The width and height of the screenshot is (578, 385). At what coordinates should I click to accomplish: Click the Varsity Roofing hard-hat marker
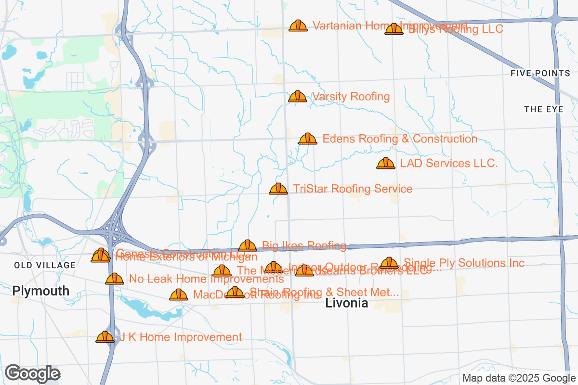[x=298, y=96]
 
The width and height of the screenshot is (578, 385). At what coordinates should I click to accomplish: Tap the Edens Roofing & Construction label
[x=400, y=139]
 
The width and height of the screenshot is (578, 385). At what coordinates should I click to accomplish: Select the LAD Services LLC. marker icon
[x=385, y=164]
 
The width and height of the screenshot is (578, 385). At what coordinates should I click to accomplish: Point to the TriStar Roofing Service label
[x=353, y=189]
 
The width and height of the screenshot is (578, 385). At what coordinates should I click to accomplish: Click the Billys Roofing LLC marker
[x=394, y=29]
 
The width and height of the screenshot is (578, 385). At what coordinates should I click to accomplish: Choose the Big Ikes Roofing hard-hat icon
[x=248, y=246]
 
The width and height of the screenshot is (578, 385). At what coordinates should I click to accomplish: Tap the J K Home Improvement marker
[x=105, y=337]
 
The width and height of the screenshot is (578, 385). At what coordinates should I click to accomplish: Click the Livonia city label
[x=347, y=303]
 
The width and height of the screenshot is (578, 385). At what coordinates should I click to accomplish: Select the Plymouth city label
[x=41, y=291]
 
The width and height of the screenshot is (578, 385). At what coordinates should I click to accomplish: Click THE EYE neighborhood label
[x=544, y=110]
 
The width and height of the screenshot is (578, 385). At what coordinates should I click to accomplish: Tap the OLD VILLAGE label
[x=45, y=265]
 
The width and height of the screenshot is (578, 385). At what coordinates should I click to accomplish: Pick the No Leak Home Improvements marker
[x=115, y=279]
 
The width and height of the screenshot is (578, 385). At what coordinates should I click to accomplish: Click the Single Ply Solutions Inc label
[x=464, y=263]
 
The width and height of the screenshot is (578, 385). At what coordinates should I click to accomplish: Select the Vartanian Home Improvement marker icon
[x=298, y=26]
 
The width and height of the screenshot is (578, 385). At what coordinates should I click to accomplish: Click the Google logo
[x=32, y=373]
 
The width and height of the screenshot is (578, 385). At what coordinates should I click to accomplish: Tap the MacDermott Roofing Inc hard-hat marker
[x=179, y=295]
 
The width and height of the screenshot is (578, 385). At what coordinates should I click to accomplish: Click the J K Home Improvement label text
[x=181, y=337]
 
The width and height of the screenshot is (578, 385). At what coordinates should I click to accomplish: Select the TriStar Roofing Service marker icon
[x=278, y=189]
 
